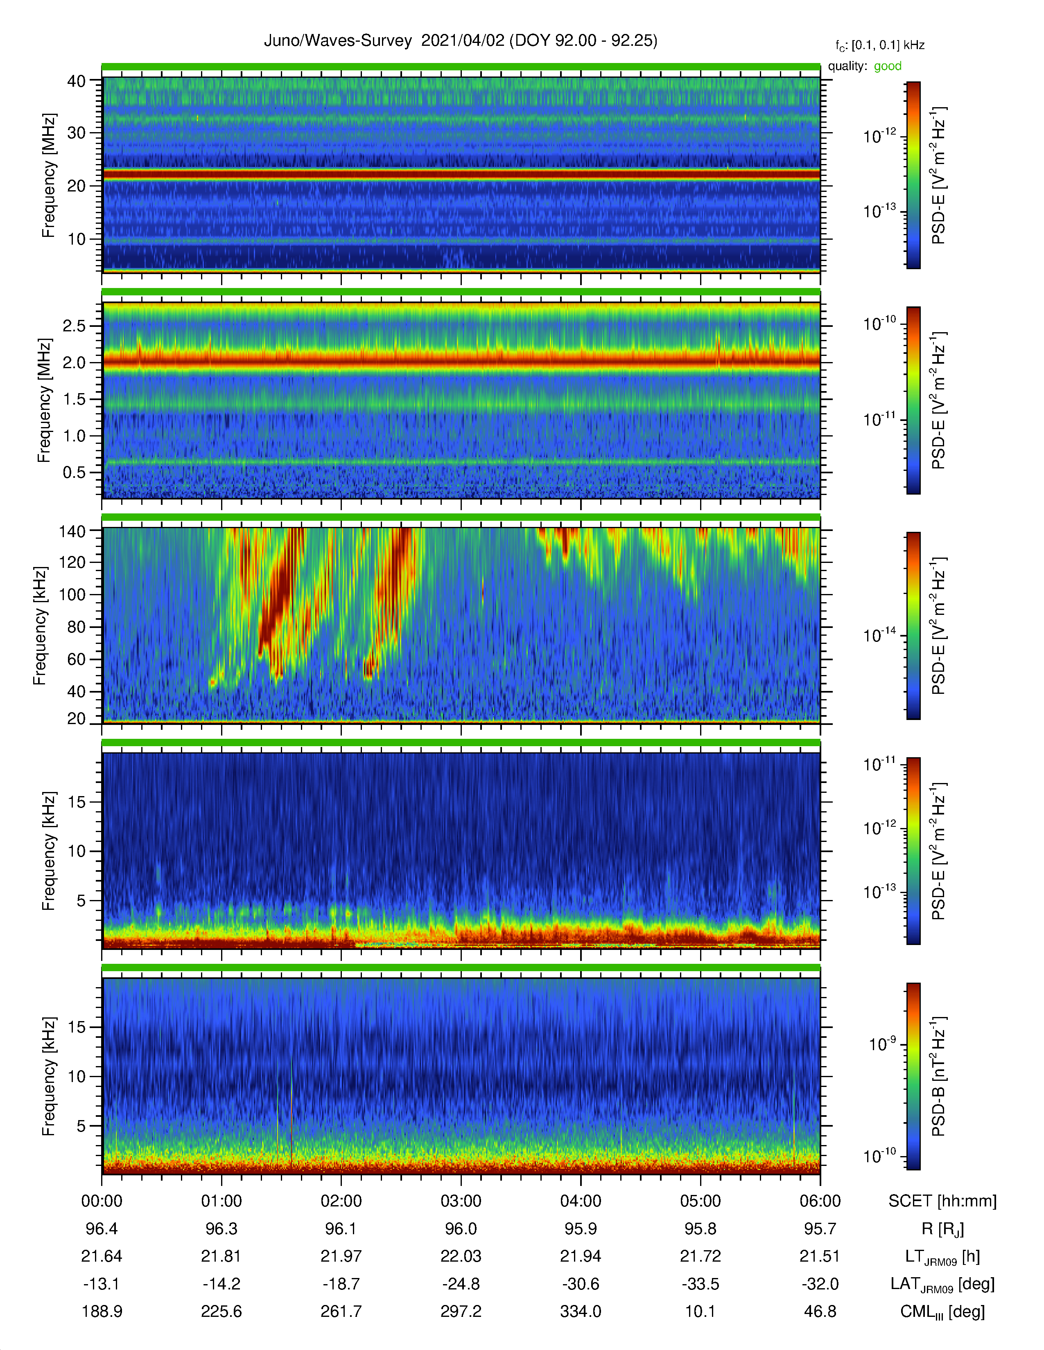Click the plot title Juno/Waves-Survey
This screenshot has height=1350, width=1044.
(x=338, y=41)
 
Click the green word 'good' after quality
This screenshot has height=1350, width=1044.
(x=888, y=66)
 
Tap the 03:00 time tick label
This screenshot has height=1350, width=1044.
(x=461, y=1201)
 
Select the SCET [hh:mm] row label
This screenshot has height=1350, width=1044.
(x=942, y=1201)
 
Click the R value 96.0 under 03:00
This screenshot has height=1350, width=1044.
(x=461, y=1229)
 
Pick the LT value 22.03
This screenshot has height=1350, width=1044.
(x=461, y=1257)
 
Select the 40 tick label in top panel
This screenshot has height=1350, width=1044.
(x=76, y=81)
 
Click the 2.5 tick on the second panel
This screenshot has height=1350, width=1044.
(x=74, y=326)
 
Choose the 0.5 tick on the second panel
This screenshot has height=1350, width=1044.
(x=74, y=472)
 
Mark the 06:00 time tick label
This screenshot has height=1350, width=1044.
(x=820, y=1201)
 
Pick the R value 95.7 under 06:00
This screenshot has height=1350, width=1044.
(x=820, y=1229)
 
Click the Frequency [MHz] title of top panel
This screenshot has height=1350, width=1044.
(x=48, y=175)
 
